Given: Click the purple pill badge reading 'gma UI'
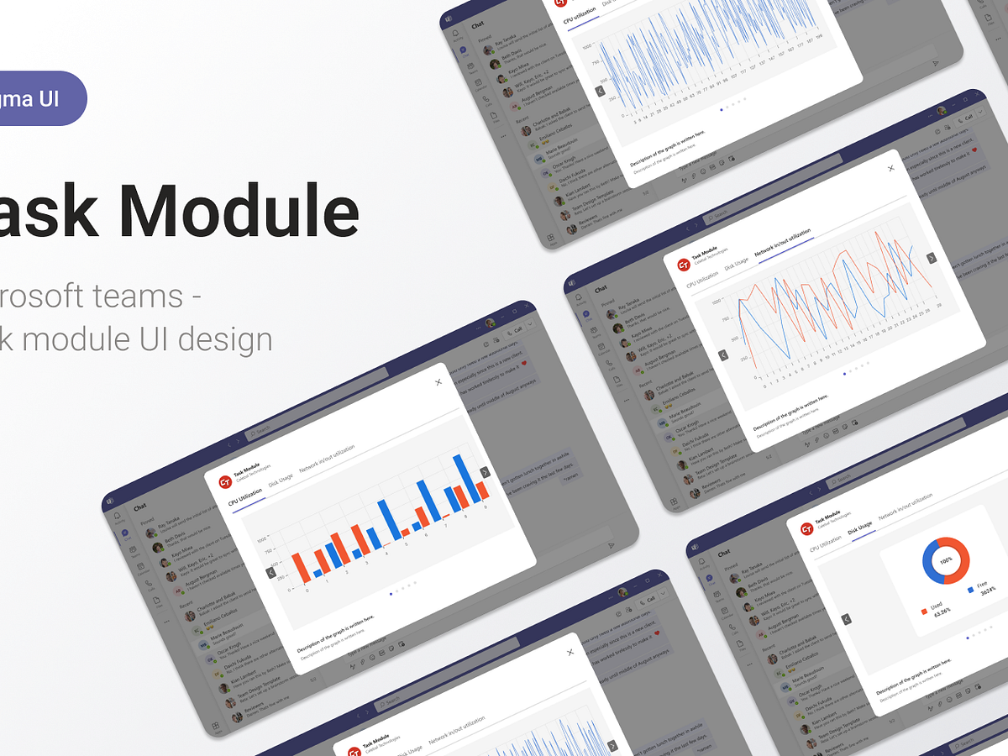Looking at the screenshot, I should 38,98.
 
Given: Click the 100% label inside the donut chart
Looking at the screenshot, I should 946,560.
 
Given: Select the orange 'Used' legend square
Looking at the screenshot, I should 924,609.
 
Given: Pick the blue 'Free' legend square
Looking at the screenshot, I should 971,590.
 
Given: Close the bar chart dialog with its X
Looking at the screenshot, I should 438,382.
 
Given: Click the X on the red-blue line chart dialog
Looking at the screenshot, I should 891,168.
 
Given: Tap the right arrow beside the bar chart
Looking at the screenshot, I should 485,472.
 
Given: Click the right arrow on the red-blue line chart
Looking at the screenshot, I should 931,259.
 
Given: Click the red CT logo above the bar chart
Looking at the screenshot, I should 224,481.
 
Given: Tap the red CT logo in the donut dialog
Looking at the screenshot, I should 806,528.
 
